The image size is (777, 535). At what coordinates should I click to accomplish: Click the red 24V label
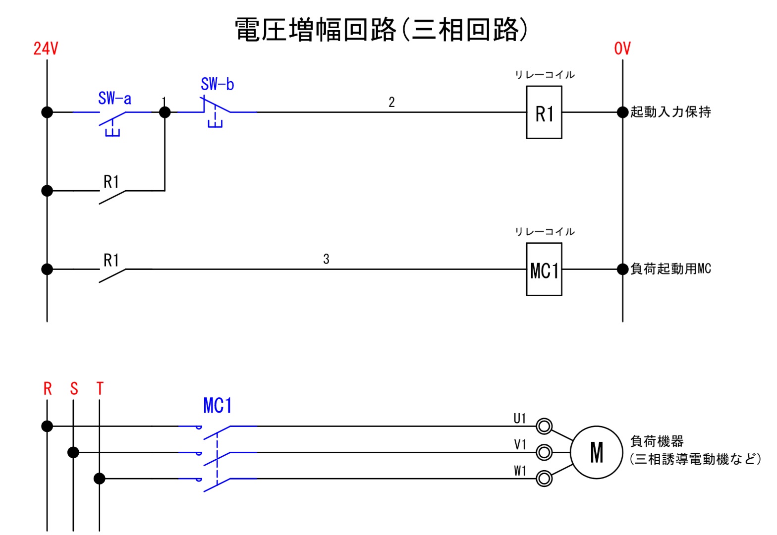point(46,49)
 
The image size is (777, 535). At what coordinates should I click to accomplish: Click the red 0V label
point(622,49)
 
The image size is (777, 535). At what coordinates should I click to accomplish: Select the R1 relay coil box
point(544,112)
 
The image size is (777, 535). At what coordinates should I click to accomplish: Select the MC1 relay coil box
point(544,269)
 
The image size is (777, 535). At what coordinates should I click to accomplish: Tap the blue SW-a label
point(114,99)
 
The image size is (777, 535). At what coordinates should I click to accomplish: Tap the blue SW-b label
point(217,84)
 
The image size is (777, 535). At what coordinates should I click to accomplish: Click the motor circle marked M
point(597,452)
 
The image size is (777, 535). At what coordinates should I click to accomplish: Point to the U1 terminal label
point(520,419)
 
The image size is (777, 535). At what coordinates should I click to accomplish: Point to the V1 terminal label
point(520,445)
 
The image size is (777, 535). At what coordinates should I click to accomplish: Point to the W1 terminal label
point(520,471)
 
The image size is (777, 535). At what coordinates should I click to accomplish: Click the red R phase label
point(48,389)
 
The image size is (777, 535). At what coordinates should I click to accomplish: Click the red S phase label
point(74,389)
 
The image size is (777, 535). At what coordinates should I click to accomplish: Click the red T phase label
point(100,389)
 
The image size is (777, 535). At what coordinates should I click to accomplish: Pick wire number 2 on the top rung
point(391,103)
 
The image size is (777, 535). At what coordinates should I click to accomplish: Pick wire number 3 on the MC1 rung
point(326,259)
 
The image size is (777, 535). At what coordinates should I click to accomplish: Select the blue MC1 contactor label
point(218,406)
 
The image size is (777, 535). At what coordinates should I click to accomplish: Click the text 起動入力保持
point(670,112)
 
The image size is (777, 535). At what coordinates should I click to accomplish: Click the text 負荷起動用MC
point(670,269)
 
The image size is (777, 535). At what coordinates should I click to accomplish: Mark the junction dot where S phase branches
point(73,452)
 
